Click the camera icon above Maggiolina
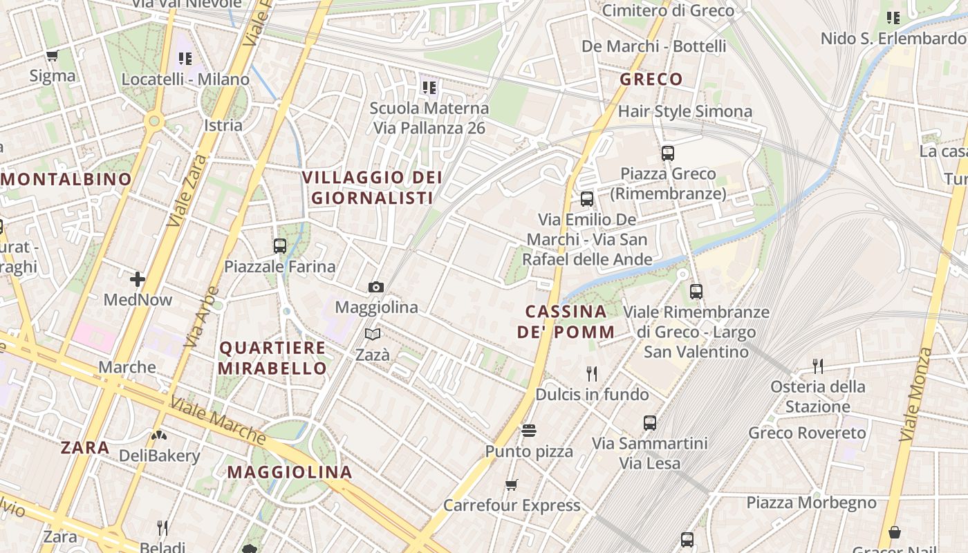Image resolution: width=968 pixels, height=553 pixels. point(375,287)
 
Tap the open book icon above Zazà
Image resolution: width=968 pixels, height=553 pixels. point(373,335)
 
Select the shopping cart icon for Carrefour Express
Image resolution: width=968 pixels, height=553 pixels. point(512,485)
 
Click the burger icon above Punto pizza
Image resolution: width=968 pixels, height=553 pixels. point(529,431)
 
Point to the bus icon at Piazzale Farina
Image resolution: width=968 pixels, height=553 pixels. point(280,245)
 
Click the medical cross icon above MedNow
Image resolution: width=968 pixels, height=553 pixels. point(138,279)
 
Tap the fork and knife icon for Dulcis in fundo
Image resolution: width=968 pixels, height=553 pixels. point(592,374)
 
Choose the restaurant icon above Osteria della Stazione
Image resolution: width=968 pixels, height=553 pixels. point(818,366)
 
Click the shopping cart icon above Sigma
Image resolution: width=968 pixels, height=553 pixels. point(53,55)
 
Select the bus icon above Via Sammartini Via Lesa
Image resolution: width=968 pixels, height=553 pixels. point(650,422)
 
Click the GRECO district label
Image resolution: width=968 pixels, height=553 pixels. point(651,79)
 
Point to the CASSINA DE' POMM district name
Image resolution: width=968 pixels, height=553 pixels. point(566,321)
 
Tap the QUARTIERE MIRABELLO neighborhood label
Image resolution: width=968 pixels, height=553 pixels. point(272,358)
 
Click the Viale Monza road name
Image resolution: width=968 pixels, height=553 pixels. point(917,394)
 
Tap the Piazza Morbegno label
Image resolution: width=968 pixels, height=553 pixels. point(811,503)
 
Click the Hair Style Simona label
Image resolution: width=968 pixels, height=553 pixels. point(685,111)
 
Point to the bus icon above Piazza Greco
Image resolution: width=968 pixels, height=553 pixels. point(667,153)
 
